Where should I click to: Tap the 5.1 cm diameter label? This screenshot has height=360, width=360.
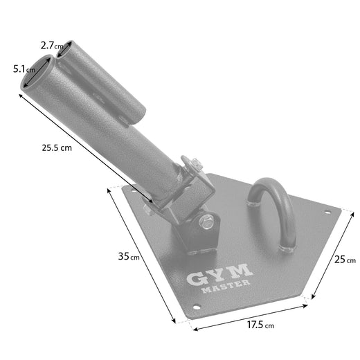pos(23,70)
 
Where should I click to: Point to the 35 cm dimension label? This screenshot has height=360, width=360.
pos(129,257)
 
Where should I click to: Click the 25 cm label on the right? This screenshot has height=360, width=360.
pos(344,260)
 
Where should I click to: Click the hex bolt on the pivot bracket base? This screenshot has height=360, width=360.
pos(205,222)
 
